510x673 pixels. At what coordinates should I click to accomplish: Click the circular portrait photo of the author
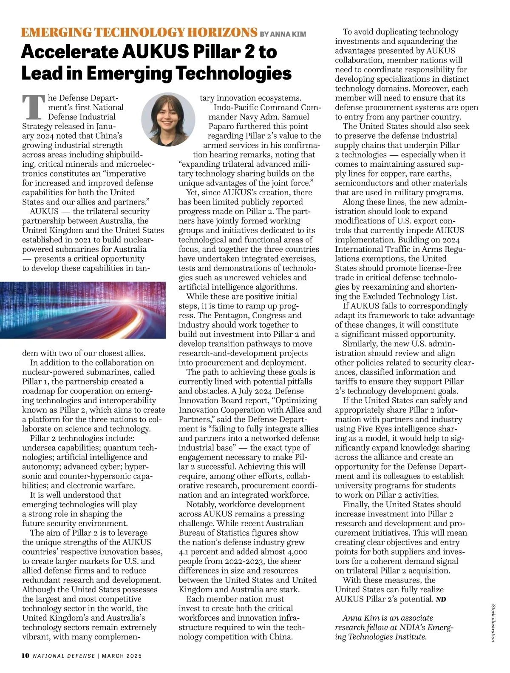point(168,119)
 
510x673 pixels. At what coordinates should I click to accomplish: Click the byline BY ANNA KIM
point(283,34)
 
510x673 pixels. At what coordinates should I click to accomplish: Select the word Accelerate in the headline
point(69,52)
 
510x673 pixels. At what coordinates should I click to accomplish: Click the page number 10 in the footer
point(25,656)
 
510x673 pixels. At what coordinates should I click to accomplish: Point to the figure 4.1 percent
point(197,552)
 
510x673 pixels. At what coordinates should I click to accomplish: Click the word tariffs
point(347,382)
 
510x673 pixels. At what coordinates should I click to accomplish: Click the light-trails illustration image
point(83,310)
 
